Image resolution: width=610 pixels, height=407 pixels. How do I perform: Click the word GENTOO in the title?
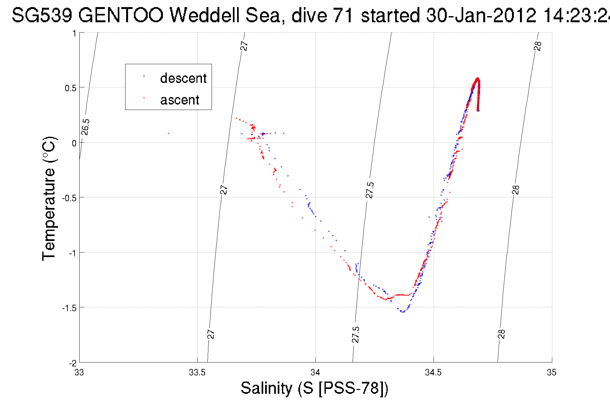pyautogui.click(x=121, y=15)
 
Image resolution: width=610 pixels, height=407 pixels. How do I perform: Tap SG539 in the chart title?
pyautogui.click(x=42, y=15)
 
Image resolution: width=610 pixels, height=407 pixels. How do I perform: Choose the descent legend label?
pyautogui.click(x=183, y=78)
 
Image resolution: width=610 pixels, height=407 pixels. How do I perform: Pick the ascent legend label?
pyautogui.click(x=180, y=100)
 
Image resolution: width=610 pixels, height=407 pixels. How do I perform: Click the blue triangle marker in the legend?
pyautogui.click(x=144, y=76)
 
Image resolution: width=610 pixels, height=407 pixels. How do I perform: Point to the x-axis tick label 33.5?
pyautogui.click(x=197, y=372)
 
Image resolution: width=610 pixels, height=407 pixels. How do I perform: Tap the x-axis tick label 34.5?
pyautogui.click(x=433, y=372)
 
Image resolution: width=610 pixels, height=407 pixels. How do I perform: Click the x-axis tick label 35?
pyautogui.click(x=552, y=372)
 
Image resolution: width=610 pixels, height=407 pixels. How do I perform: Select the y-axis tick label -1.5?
pyautogui.click(x=69, y=308)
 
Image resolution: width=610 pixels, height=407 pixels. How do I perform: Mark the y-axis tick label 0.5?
pyautogui.click(x=71, y=88)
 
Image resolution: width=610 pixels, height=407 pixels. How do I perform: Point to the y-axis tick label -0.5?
pyautogui.click(x=69, y=198)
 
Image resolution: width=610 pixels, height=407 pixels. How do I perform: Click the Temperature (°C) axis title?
pyautogui.click(x=49, y=199)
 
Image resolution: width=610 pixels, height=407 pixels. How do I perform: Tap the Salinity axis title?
pyautogui.click(x=315, y=388)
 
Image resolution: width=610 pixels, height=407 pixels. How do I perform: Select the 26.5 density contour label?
pyautogui.click(x=85, y=127)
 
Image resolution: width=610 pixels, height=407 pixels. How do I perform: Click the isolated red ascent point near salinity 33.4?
pyautogui.click(x=168, y=133)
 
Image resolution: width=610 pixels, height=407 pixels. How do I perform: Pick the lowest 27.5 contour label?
pyautogui.click(x=355, y=334)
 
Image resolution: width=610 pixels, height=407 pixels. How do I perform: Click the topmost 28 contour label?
pyautogui.click(x=538, y=46)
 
